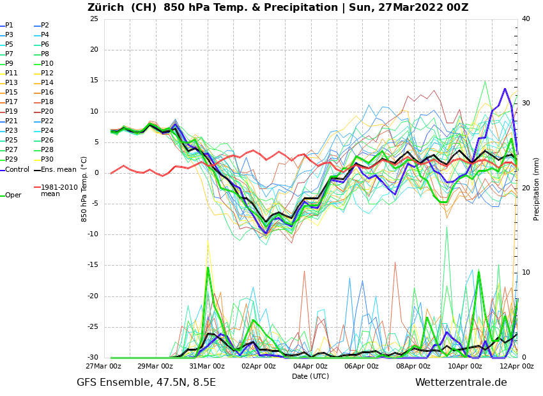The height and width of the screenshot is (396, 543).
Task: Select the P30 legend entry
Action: (x=47, y=160)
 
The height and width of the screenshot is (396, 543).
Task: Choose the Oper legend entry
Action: (x=13, y=195)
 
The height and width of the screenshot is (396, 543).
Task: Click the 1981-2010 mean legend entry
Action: (x=59, y=190)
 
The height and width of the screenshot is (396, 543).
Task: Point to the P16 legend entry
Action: (x=47, y=93)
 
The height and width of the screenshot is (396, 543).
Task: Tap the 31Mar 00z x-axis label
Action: (x=207, y=367)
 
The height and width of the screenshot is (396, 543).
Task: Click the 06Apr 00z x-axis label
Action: (x=362, y=367)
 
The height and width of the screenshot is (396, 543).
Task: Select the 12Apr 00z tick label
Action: (x=516, y=367)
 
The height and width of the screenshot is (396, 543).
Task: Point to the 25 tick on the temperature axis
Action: (x=94, y=19)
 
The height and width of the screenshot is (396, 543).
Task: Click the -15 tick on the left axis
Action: (x=93, y=266)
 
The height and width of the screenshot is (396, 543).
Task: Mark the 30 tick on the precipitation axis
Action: (x=526, y=103)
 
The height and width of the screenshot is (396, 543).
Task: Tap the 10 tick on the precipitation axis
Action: (x=526, y=273)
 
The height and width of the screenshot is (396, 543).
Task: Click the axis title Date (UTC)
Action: (x=310, y=376)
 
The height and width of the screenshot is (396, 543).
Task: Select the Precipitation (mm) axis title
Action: (x=537, y=188)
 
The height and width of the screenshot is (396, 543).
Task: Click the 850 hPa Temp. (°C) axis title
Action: (x=84, y=188)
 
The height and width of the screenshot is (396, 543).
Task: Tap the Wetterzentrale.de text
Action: (x=461, y=383)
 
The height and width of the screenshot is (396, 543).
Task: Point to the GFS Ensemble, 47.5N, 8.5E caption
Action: (x=146, y=383)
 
